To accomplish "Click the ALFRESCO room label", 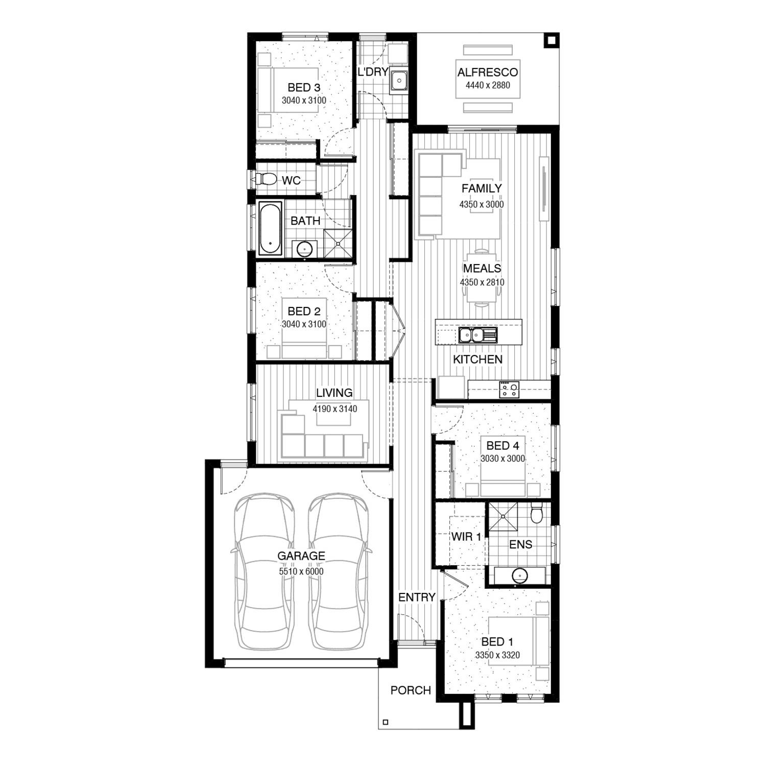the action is (x=488, y=73).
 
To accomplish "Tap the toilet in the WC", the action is (x=265, y=179).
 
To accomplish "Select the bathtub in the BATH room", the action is (x=270, y=228).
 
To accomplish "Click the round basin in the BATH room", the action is (x=305, y=249).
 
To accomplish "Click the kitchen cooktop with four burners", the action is (x=509, y=390).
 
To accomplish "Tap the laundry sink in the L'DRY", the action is (x=398, y=80).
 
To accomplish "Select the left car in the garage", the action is (x=264, y=571).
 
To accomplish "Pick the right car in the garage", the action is (x=338, y=571).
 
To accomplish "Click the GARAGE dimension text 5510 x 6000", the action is (x=301, y=571).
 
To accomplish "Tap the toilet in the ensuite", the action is (x=536, y=513).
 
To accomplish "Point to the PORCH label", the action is (x=411, y=690).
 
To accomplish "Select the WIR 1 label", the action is (x=466, y=537).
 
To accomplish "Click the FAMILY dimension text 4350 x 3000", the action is (x=482, y=204).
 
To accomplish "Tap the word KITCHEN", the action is (x=478, y=359).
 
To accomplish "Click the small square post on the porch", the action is (x=386, y=722).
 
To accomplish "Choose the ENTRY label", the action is (x=417, y=597).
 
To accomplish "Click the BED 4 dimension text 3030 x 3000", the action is (x=503, y=459).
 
